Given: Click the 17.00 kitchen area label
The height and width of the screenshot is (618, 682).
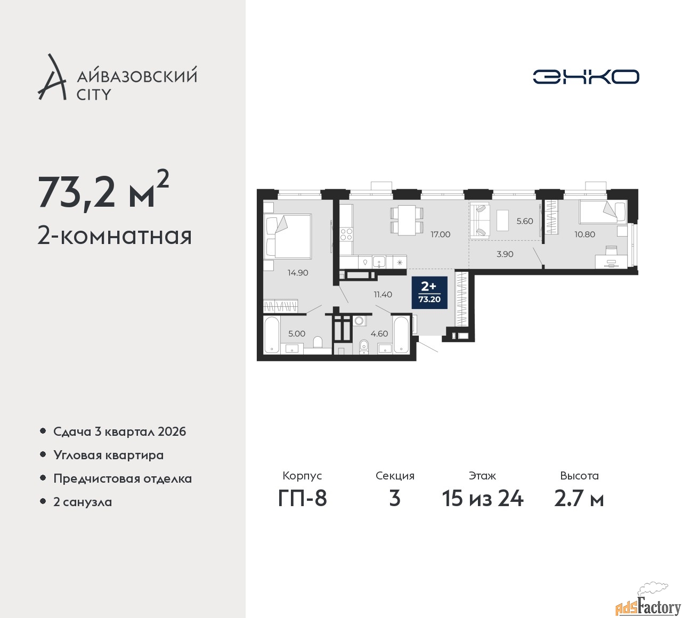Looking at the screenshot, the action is pyautogui.click(x=440, y=234).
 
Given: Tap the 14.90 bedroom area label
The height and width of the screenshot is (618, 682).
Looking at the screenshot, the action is pyautogui.click(x=298, y=273).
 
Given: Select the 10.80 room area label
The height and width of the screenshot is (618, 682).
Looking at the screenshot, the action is pyautogui.click(x=585, y=234).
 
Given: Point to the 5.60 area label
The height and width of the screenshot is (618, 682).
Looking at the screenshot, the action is pyautogui.click(x=525, y=221).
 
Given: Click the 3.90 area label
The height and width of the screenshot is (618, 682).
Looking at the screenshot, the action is pyautogui.click(x=505, y=254).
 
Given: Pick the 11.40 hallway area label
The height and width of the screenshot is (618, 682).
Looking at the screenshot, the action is pyautogui.click(x=383, y=295).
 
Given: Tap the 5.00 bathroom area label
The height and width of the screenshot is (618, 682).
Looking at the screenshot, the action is pyautogui.click(x=297, y=334).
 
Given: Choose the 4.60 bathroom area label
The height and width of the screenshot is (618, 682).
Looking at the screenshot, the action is pyautogui.click(x=379, y=334).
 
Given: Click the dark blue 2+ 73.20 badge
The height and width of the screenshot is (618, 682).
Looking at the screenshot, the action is pyautogui.click(x=429, y=292).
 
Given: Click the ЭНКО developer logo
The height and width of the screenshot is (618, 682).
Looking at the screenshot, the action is pyautogui.click(x=586, y=77).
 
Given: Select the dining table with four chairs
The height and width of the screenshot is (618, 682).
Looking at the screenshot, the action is pyautogui.click(x=407, y=220).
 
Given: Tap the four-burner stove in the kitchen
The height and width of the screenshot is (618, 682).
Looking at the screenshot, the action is pyautogui.click(x=346, y=234).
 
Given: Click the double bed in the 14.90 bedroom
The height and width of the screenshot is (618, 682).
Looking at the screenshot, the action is pyautogui.click(x=288, y=235).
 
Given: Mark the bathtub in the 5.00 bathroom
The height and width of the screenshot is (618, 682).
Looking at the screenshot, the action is pyautogui.click(x=271, y=335).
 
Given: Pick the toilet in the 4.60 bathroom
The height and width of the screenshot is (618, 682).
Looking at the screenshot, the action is pyautogui.click(x=363, y=347).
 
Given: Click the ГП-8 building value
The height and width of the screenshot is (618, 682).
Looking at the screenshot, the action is pyautogui.click(x=302, y=499).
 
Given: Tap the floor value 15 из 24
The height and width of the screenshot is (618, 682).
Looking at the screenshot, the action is pyautogui.click(x=482, y=499).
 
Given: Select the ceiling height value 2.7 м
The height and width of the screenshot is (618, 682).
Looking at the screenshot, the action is pyautogui.click(x=579, y=499).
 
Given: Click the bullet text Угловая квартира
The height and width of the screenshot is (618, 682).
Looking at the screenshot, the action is pyautogui.click(x=109, y=455).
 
